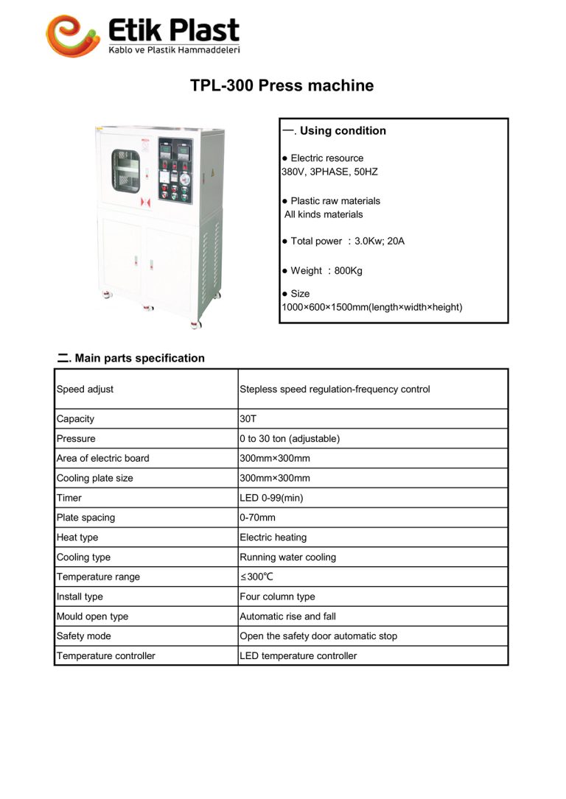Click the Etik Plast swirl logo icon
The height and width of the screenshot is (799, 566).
72,35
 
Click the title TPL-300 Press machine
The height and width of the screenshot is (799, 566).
282,85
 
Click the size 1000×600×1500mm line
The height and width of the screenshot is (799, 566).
371,307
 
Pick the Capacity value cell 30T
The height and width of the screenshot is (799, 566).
246,419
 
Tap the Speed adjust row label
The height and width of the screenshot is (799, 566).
85,389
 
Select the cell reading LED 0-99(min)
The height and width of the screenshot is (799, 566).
271,498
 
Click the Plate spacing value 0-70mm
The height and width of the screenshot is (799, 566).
257,518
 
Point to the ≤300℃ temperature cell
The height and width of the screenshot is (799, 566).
256,577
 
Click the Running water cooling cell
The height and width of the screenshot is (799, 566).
287,557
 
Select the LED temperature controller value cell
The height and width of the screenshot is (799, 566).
298,656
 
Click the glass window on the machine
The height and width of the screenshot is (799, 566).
125,171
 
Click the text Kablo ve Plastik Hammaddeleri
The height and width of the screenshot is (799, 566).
174,49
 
